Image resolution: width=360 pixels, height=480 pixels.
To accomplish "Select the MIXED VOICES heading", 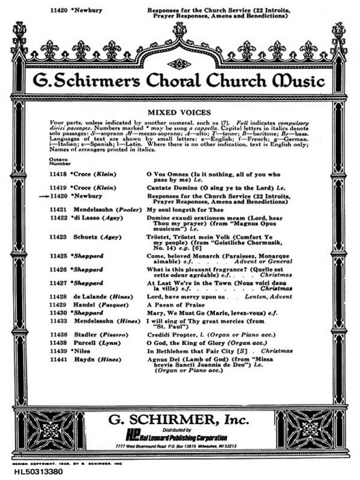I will [179, 112].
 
